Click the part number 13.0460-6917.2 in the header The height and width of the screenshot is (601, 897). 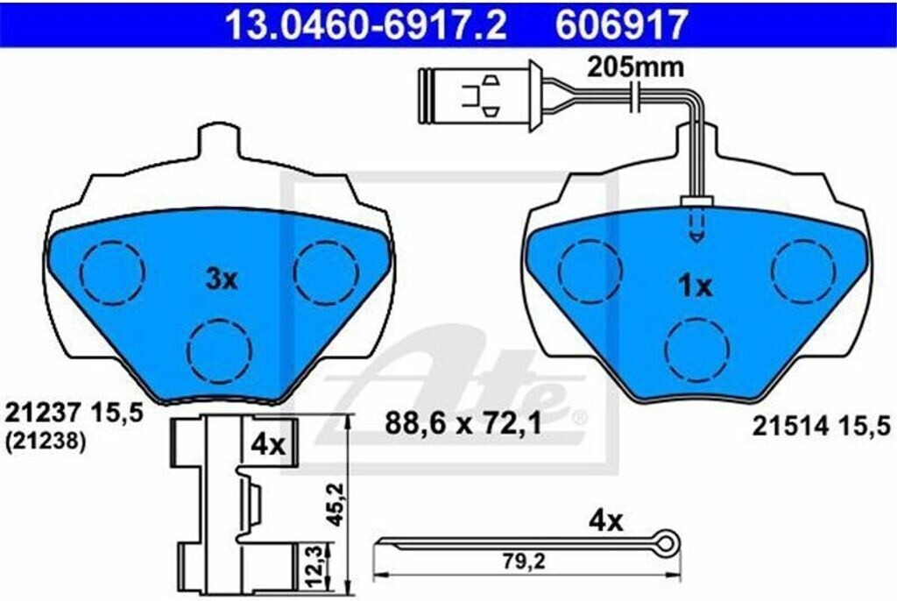coord(366,25)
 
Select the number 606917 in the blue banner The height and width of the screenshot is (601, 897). coord(621,25)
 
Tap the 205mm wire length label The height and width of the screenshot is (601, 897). coord(636,67)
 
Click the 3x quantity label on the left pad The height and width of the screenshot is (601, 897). coord(222,279)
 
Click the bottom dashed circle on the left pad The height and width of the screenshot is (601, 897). coord(221,350)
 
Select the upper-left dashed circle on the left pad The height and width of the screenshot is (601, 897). coord(111,272)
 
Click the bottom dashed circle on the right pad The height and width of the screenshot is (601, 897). coord(697,349)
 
